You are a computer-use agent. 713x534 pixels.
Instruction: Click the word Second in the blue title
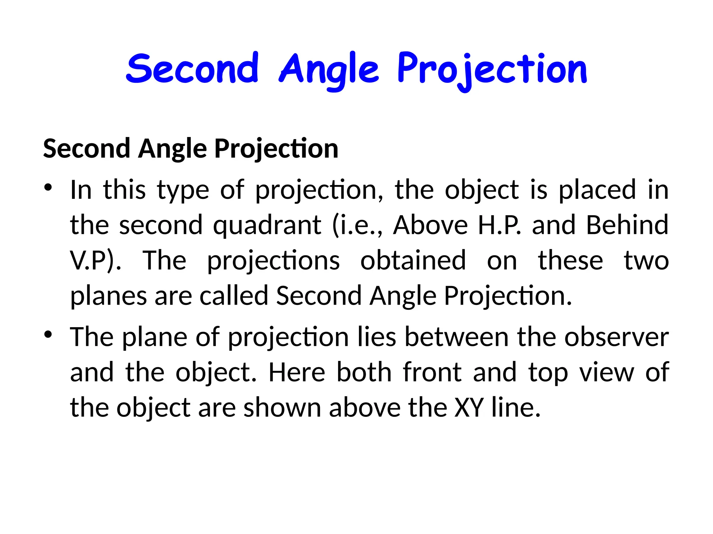(193, 68)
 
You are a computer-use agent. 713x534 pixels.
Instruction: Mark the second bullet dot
(48, 335)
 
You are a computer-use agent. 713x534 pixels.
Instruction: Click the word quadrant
(267, 225)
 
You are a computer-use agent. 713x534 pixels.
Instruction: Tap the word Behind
(627, 225)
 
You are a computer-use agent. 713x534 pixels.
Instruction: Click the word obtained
(413, 260)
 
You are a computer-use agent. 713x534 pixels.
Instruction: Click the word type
(183, 190)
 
